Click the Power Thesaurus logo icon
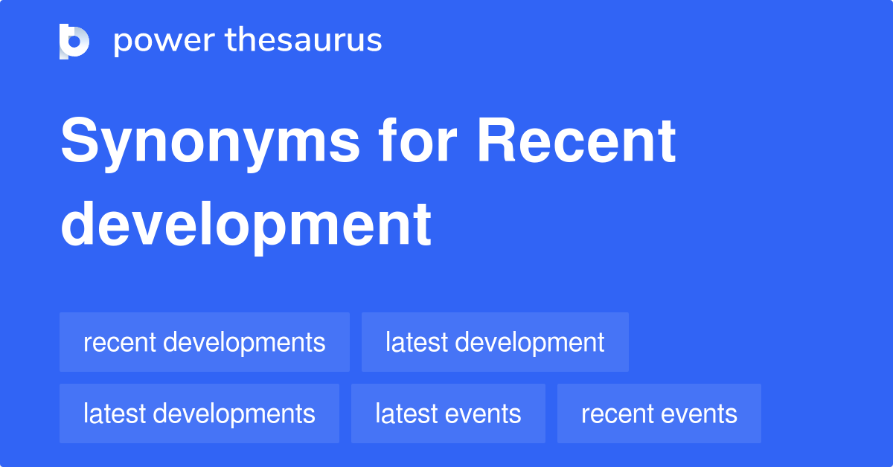74,41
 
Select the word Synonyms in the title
210,143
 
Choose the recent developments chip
204,342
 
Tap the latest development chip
495,342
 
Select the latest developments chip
199,413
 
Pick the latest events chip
448,413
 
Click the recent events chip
659,413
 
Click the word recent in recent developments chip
119,342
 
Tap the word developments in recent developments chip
244,342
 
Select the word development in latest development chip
529,342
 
